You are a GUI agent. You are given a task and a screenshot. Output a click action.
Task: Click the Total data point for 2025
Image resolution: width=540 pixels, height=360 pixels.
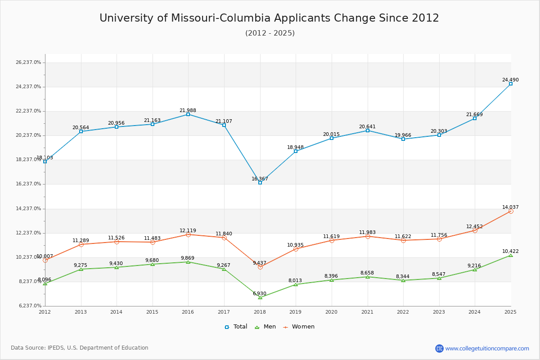click(x=511, y=84)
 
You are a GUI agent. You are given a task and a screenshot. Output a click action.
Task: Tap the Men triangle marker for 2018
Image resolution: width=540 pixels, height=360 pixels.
click(x=260, y=297)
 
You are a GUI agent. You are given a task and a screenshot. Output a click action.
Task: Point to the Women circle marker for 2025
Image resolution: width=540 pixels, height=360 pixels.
click(x=511, y=211)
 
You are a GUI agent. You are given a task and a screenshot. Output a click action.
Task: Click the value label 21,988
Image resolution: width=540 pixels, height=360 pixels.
click(x=188, y=110)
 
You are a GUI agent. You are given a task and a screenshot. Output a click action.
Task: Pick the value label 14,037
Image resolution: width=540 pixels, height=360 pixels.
click(x=510, y=207)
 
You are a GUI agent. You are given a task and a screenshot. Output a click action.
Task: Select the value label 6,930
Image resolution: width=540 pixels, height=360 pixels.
click(x=259, y=294)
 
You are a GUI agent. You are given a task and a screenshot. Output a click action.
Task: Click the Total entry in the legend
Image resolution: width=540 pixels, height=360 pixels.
click(x=236, y=327)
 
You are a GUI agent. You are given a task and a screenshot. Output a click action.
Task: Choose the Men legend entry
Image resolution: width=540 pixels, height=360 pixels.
click(x=265, y=327)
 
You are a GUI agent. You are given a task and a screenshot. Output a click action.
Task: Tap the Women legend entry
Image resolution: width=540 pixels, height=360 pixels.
click(x=299, y=327)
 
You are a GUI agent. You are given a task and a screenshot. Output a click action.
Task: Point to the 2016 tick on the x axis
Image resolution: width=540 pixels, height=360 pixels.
click(x=188, y=312)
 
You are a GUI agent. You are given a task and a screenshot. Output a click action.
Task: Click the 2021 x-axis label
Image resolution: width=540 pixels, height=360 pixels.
click(x=367, y=312)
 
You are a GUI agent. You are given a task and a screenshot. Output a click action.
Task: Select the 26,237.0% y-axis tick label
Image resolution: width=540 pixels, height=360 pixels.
click(x=28, y=63)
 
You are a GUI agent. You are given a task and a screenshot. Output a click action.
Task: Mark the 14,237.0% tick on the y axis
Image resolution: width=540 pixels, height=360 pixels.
click(x=28, y=209)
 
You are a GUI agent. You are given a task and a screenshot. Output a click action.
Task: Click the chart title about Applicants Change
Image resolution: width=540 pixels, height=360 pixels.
click(x=269, y=18)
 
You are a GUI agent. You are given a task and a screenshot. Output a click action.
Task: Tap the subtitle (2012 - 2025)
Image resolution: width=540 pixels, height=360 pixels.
click(x=270, y=33)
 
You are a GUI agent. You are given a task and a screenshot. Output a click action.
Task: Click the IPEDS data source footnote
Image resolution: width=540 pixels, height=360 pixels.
click(x=80, y=348)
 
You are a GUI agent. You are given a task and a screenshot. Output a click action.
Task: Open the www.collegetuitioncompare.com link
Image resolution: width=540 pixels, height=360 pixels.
click(x=487, y=348)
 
